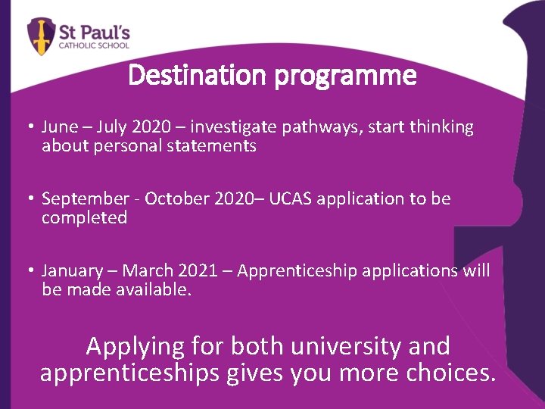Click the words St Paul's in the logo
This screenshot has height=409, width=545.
95,32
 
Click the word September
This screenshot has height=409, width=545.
86,199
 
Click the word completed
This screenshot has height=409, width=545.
84,217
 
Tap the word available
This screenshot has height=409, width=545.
152,289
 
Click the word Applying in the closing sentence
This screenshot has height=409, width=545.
135,346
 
